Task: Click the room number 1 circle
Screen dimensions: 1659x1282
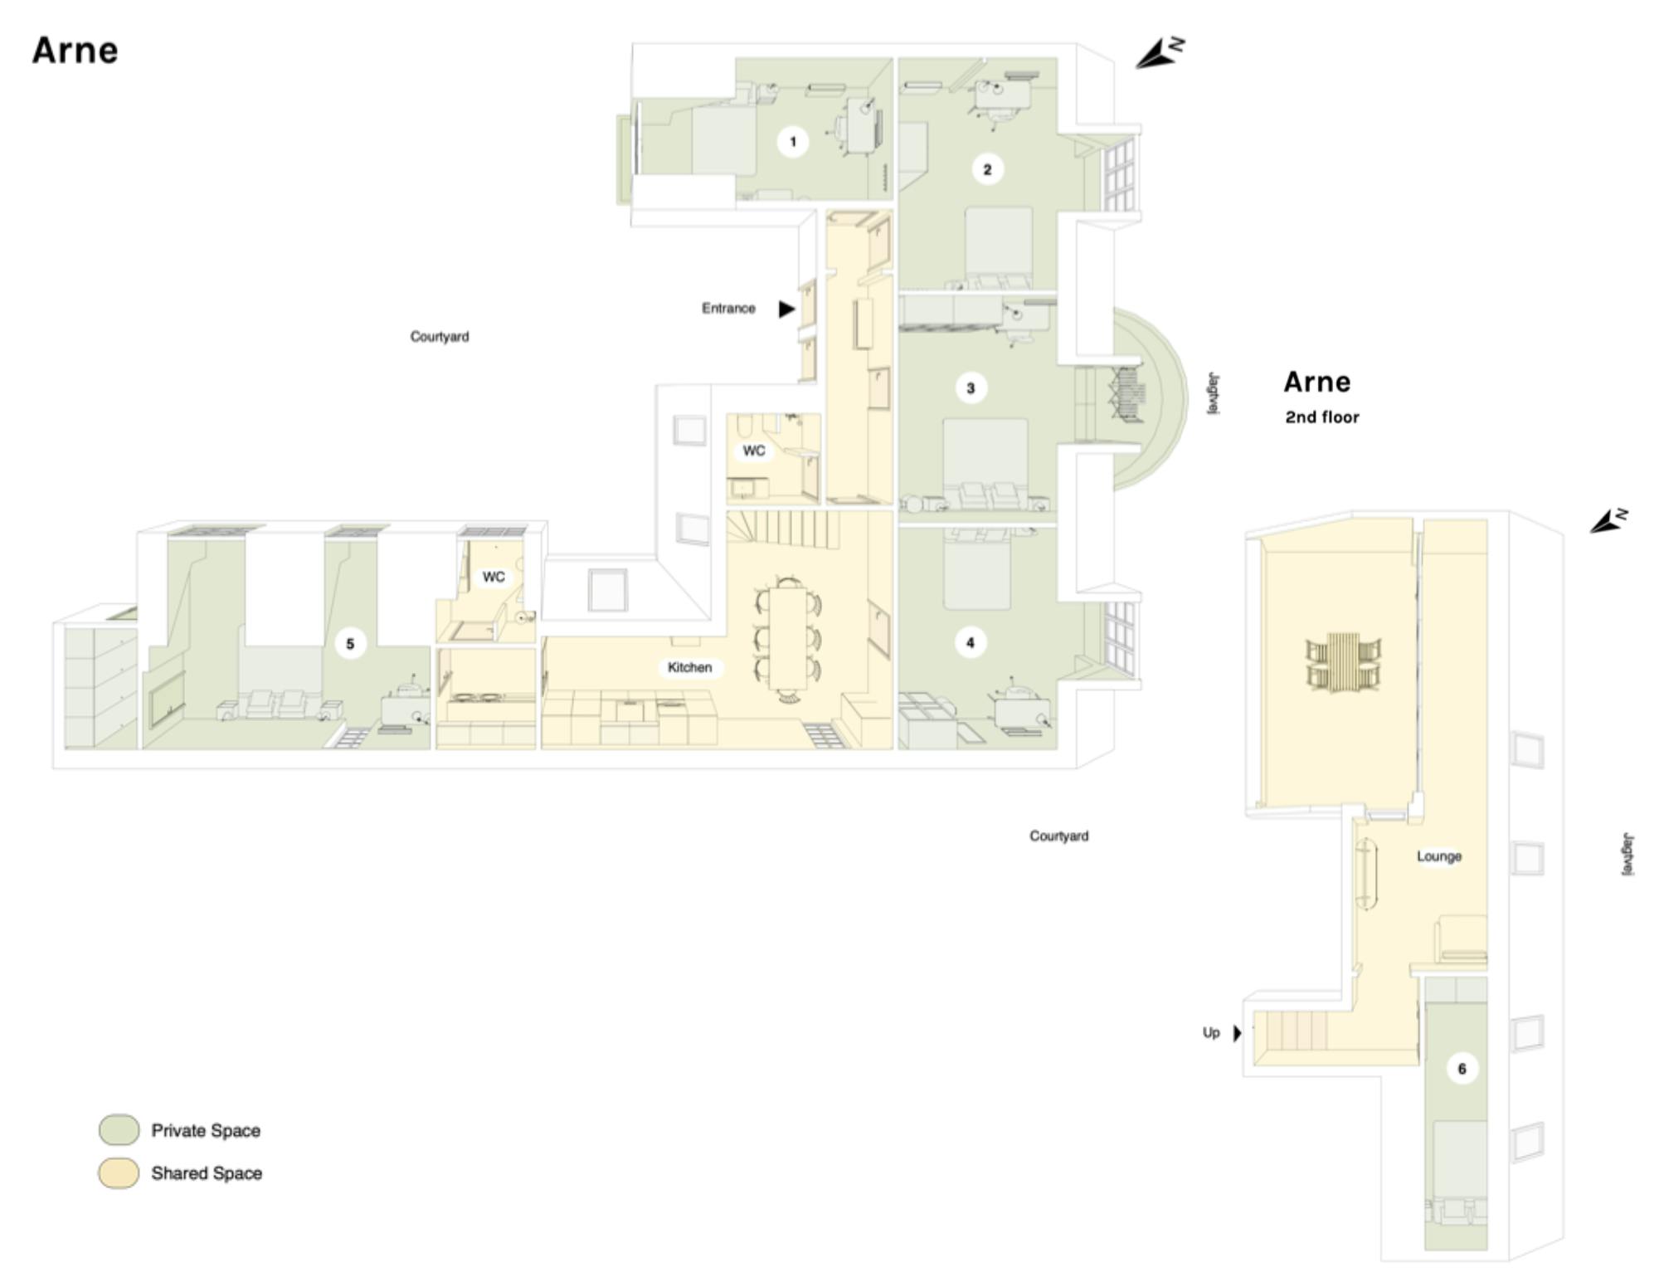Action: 793,142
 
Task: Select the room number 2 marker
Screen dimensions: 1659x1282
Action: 987,170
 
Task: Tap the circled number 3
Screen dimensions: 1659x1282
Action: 971,388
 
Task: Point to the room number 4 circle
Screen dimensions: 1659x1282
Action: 971,642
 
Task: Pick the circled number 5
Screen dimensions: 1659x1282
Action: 350,644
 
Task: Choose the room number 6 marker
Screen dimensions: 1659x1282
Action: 1462,1069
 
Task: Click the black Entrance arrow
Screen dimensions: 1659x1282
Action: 786,310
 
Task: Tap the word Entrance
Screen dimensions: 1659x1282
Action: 728,309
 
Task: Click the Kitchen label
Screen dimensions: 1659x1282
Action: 690,667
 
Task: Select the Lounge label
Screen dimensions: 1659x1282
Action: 1439,856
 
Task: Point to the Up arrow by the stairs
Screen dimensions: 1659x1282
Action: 1237,1033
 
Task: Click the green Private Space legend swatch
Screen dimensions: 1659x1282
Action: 119,1130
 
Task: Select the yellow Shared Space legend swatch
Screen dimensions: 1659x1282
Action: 119,1173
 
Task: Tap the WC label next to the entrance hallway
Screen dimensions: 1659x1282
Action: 754,451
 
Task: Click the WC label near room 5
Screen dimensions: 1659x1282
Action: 494,577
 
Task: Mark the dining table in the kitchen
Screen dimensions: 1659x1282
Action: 788,638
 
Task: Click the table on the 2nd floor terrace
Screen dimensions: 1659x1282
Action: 1344,663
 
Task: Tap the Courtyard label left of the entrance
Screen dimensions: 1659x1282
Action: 440,337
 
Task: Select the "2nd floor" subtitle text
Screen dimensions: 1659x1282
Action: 1322,417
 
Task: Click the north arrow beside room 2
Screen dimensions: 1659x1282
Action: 1160,53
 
